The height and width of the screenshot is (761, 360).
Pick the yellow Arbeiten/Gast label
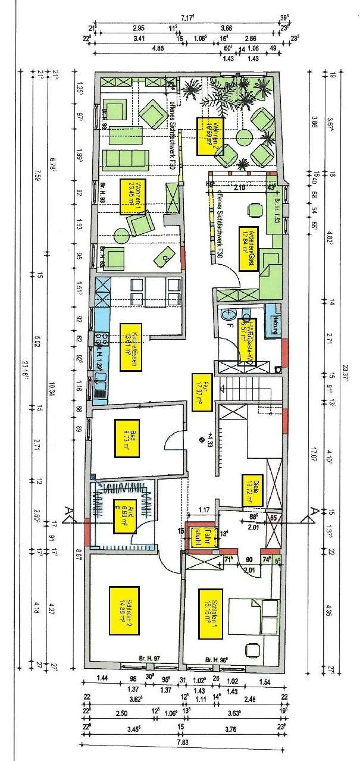248,249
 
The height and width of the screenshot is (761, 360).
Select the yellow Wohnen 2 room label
206,136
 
